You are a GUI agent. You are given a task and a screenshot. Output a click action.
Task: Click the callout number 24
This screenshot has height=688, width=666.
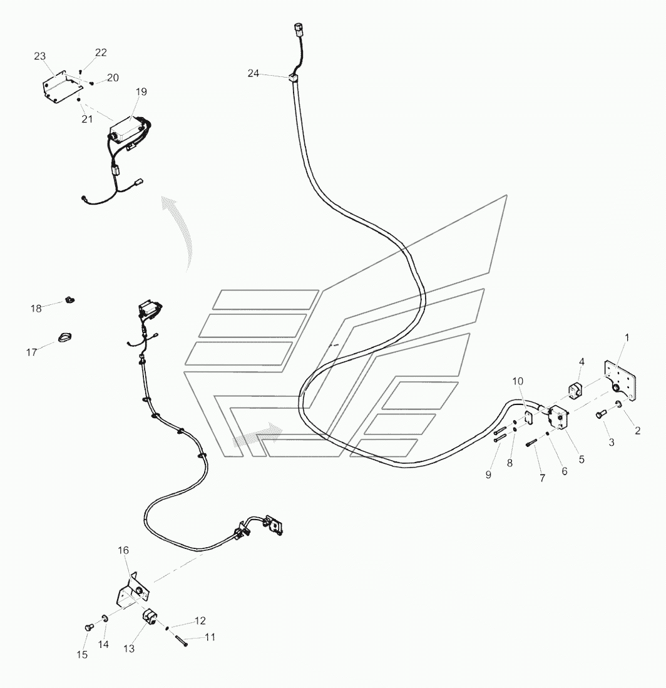coord(253,73)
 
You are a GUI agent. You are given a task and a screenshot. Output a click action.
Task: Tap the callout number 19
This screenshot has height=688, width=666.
coord(141,92)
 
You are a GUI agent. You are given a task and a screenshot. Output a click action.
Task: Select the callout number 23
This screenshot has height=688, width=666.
coord(40,56)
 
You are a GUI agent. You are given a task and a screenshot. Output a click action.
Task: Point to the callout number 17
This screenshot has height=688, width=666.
coord(31,352)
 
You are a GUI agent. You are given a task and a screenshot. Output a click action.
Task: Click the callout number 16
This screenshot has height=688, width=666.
coord(123,550)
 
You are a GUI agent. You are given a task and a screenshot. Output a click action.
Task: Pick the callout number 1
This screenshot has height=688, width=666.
coord(627,338)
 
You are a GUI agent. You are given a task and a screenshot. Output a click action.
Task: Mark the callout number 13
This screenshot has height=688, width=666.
coord(128,649)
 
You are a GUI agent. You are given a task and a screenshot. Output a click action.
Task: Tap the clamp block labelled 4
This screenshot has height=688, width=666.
coord(576,391)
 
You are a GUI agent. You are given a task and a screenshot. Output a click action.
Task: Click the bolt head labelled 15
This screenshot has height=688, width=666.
coord(88,627)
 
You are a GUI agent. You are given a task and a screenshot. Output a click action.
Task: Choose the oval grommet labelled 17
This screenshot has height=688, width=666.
coord(65,339)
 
